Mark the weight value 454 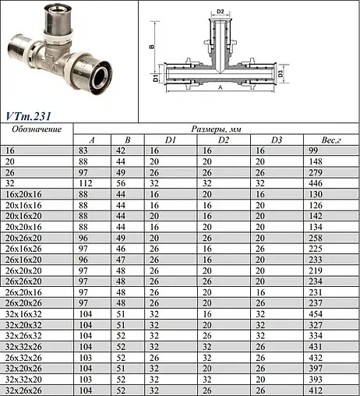[x=316, y=313]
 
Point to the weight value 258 [x=316, y=232]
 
